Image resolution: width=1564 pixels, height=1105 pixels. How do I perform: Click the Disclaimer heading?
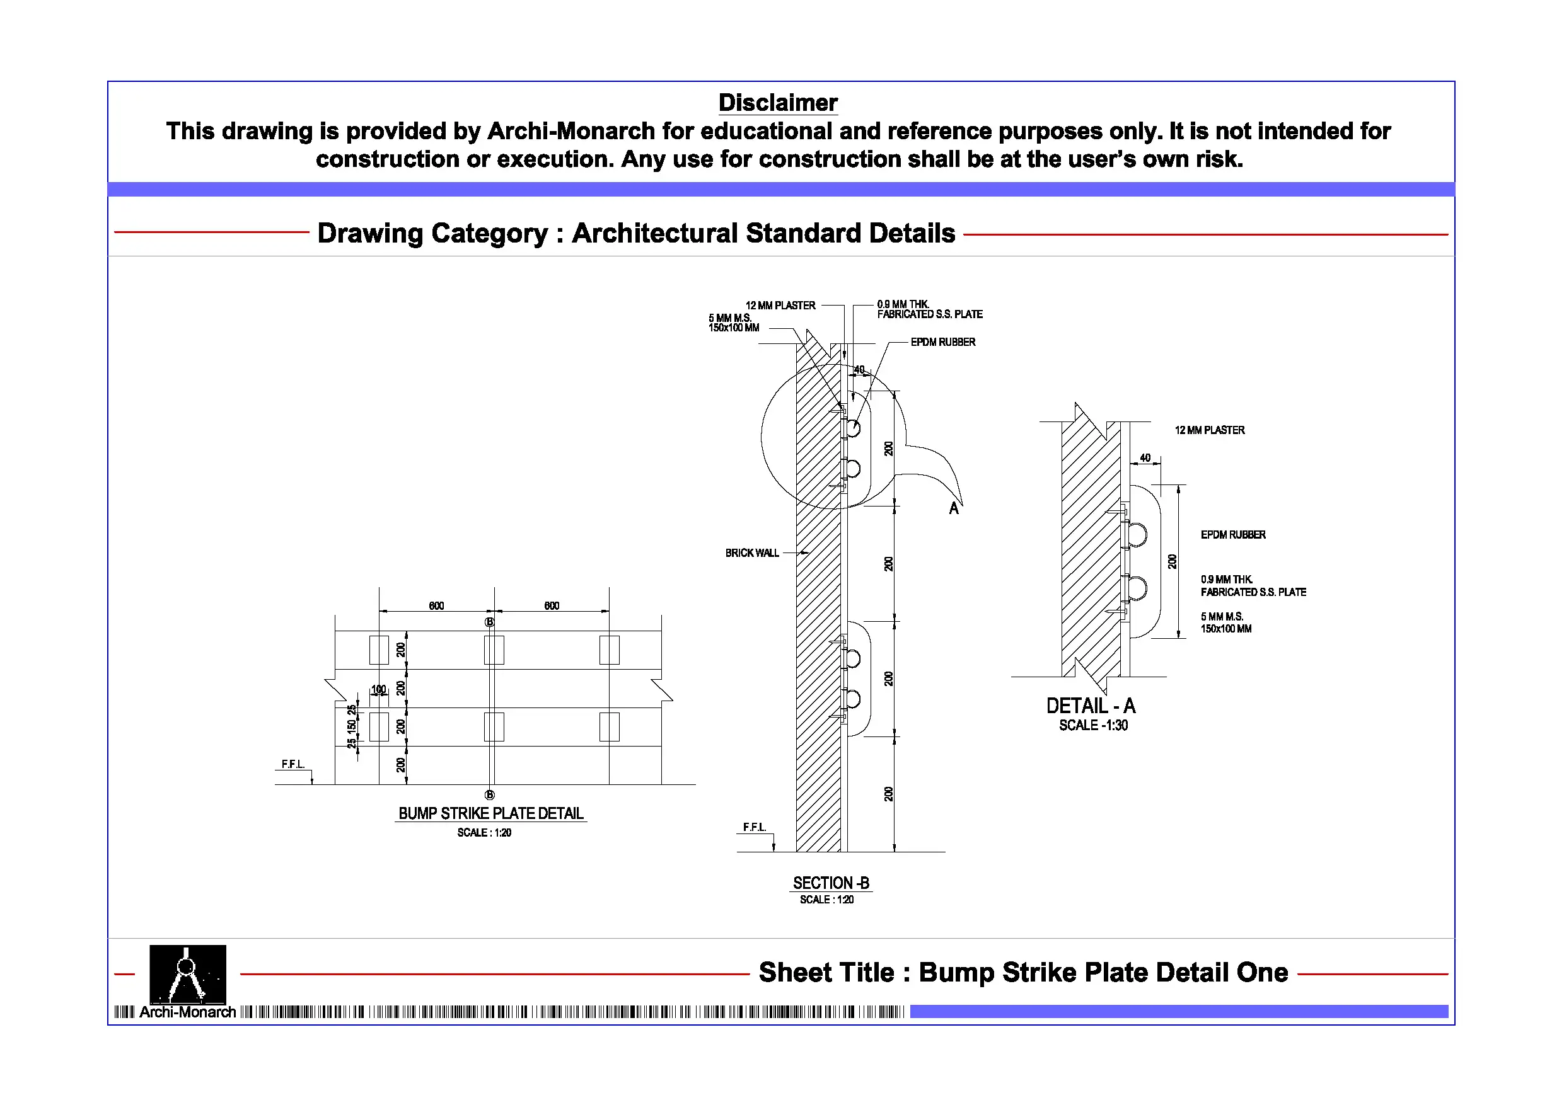[x=778, y=103]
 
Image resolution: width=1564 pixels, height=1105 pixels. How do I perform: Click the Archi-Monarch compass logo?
[x=187, y=973]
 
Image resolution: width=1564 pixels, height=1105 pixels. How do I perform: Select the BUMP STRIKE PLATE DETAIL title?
[x=490, y=813]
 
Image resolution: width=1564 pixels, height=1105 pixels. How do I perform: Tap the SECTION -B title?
[x=831, y=883]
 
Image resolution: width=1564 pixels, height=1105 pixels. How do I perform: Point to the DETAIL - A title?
[x=1091, y=706]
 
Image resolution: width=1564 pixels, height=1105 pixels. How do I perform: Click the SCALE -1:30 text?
[x=1093, y=726]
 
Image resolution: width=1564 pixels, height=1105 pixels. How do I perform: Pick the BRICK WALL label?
[x=752, y=553]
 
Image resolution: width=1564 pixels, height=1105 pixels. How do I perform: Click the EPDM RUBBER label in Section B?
[x=943, y=342]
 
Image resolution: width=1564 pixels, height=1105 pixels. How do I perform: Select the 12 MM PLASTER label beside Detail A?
[x=1210, y=430]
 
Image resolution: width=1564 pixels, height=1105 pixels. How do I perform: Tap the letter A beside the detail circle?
[x=954, y=508]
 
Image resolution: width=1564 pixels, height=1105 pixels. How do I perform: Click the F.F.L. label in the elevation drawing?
[x=293, y=765]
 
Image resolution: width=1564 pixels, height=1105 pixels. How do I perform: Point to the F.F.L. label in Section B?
[x=754, y=827]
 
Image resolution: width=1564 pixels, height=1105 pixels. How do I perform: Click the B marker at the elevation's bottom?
[x=490, y=794]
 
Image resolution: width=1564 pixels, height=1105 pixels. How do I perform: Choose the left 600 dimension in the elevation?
[x=437, y=606]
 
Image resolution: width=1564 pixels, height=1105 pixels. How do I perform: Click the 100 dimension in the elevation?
[x=379, y=690]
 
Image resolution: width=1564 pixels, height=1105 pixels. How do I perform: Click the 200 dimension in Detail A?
[x=1173, y=562]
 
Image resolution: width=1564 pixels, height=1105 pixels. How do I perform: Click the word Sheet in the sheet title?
[x=792, y=972]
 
